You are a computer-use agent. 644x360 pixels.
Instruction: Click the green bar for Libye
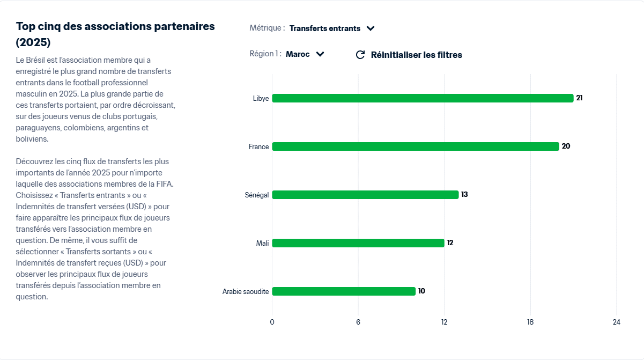tap(423, 98)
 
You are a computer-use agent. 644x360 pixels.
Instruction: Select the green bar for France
tap(416, 146)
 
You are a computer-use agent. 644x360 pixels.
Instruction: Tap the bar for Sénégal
tap(365, 195)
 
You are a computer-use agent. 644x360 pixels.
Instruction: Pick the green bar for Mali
tap(358, 243)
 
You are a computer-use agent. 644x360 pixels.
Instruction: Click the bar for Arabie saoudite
tap(344, 291)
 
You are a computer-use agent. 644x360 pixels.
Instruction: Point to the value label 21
tap(579, 98)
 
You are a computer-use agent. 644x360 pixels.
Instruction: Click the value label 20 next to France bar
tap(566, 146)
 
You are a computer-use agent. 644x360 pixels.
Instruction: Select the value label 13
tap(464, 195)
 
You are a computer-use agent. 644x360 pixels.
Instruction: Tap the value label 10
tap(421, 291)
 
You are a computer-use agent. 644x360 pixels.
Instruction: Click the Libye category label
tap(261, 98)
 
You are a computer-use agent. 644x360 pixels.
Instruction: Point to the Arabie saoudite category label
tap(246, 291)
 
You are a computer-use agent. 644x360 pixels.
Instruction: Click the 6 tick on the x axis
tap(358, 322)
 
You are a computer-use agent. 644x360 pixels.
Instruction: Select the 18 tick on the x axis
tap(530, 322)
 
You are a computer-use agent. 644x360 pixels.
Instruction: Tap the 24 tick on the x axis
tap(617, 322)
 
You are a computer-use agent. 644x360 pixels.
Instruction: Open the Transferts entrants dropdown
tap(331, 28)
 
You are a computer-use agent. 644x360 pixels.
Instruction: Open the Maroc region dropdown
tap(305, 54)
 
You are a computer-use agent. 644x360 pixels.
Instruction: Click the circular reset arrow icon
tap(360, 55)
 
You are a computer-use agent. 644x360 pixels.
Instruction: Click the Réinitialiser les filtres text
tap(416, 55)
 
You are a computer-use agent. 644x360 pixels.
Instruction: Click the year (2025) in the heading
tap(33, 42)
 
